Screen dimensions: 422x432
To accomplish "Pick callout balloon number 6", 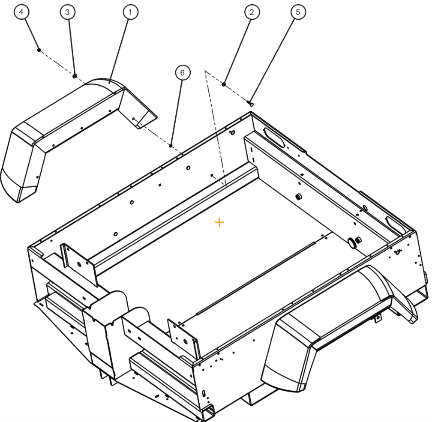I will (183, 73).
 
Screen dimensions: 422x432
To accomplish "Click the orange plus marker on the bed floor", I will (219, 222).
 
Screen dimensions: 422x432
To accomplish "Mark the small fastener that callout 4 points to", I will (39, 50).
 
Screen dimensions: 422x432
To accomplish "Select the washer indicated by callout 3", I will (75, 76).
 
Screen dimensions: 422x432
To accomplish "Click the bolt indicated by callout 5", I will (251, 103).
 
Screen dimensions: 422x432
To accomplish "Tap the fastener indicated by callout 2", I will (224, 84).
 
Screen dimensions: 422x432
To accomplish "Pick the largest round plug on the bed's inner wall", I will (353, 243).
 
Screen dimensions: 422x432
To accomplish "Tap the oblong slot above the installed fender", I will (393, 222).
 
